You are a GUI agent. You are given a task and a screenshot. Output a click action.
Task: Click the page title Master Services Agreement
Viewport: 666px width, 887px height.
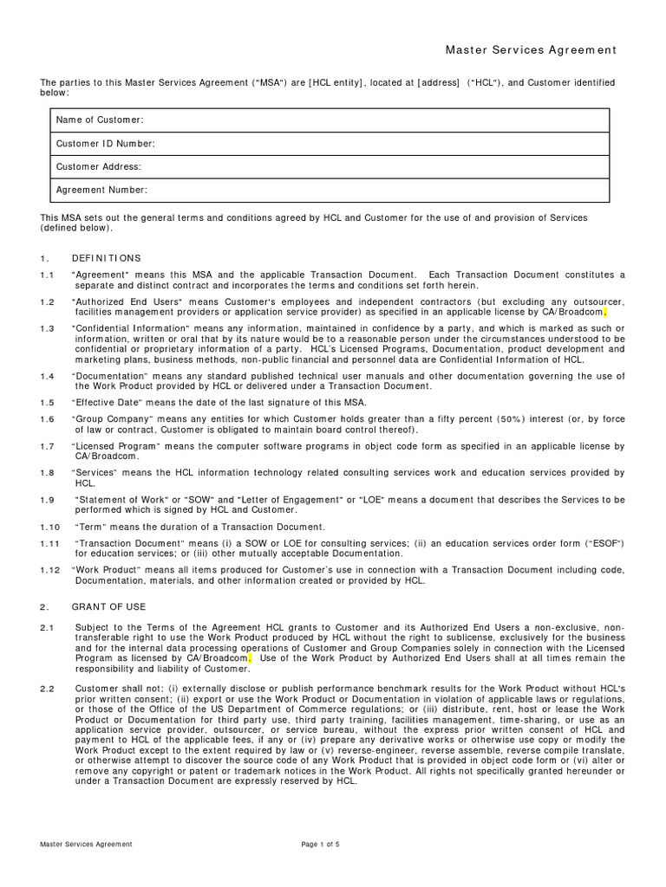click(x=531, y=51)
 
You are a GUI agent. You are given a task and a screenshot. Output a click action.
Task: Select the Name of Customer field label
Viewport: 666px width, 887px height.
click(x=100, y=120)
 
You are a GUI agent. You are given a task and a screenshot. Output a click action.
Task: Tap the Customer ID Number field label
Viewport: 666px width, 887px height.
click(x=105, y=143)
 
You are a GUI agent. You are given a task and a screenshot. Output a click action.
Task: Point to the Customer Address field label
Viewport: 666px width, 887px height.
click(x=98, y=166)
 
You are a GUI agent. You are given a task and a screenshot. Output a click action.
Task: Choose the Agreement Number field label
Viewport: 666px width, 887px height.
click(x=101, y=190)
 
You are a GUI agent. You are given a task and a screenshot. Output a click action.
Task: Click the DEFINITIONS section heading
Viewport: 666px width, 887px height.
click(x=106, y=258)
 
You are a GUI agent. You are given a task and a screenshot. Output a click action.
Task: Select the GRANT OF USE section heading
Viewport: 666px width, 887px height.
click(x=108, y=606)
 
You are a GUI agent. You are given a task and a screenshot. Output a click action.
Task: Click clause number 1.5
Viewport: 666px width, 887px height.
click(x=47, y=402)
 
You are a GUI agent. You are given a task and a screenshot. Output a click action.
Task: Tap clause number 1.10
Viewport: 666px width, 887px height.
click(x=49, y=527)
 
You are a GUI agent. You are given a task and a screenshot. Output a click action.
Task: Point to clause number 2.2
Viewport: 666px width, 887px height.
click(x=47, y=688)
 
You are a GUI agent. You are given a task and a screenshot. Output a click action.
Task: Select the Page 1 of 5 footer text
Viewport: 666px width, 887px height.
click(x=320, y=844)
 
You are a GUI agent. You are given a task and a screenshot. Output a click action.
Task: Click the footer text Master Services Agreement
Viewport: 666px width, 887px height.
click(x=86, y=844)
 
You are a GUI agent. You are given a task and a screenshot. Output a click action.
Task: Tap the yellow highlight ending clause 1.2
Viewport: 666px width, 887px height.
click(x=605, y=312)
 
